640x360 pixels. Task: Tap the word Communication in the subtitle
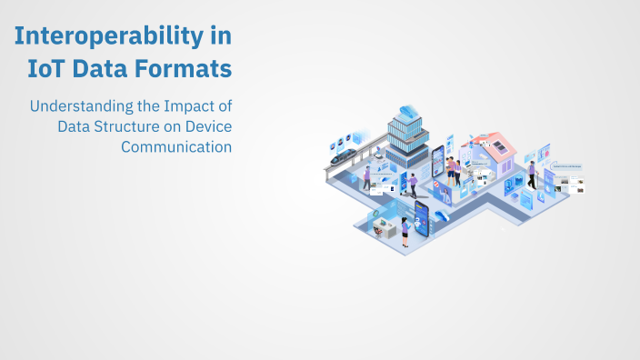click(x=176, y=145)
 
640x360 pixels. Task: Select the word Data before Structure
click(x=74, y=125)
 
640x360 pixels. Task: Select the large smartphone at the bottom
click(x=421, y=218)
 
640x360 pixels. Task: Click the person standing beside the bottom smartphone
click(x=404, y=233)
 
